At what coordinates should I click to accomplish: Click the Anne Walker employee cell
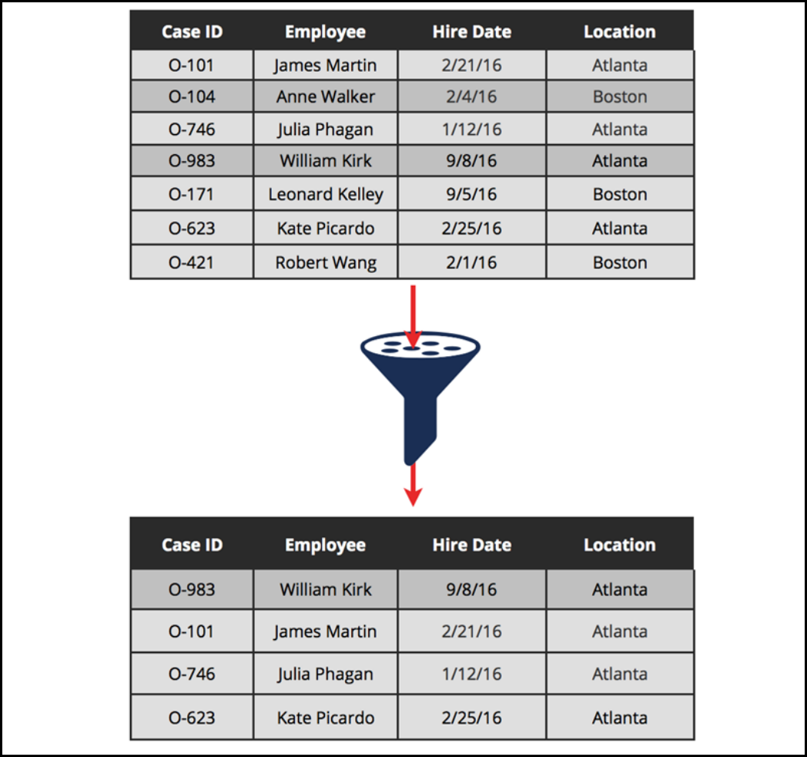click(x=326, y=97)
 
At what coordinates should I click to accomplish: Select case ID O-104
click(x=192, y=97)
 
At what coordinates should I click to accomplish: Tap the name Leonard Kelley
click(x=326, y=194)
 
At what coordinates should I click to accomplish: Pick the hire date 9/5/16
click(x=471, y=194)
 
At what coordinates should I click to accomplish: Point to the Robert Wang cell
click(x=326, y=262)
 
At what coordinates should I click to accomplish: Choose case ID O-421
click(x=192, y=262)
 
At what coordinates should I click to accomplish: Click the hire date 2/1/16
click(x=471, y=262)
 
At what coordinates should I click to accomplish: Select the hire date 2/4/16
click(x=471, y=97)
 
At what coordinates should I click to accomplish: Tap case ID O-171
click(x=192, y=194)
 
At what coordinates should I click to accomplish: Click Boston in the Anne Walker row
click(x=620, y=97)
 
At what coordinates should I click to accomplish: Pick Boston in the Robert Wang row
click(x=620, y=262)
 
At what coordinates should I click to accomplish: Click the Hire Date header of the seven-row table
click(x=471, y=32)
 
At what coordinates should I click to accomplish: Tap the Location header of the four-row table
click(x=620, y=545)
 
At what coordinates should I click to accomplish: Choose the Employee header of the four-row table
click(x=326, y=545)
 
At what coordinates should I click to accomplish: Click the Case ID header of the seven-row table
click(x=192, y=32)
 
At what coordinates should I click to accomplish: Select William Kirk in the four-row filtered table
click(x=326, y=590)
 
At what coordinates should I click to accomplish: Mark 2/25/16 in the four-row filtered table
click(x=471, y=718)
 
